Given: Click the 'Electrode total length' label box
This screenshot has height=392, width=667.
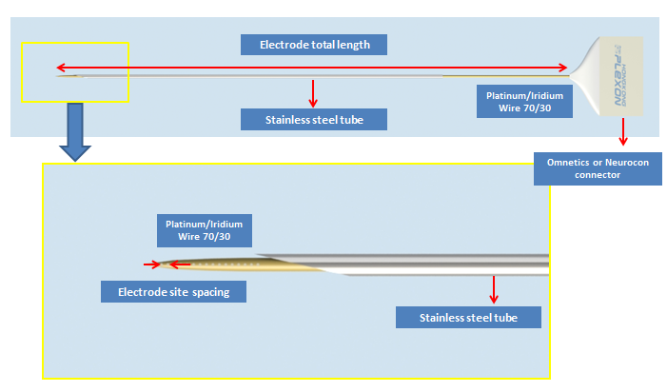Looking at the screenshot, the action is pos(314,45).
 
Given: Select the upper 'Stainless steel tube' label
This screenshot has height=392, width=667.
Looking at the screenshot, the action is pos(314,120).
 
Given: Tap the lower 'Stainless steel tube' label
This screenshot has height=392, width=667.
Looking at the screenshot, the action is pos(468,317).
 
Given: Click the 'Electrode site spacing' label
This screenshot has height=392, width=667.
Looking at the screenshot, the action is pos(173,292).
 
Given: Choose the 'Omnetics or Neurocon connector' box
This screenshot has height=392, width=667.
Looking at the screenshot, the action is pos(598,168).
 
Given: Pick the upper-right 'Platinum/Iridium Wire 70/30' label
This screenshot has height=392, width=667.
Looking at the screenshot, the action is pos(524,102).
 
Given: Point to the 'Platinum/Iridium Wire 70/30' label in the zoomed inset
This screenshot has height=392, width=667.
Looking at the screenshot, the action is pos(205,230).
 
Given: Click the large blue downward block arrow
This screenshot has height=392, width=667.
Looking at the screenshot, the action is pos(75,132).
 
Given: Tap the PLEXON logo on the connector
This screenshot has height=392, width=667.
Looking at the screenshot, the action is pos(619,75).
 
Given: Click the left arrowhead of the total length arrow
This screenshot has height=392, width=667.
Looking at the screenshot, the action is pos(61,68).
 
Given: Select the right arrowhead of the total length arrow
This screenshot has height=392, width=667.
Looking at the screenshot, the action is pos(562,68).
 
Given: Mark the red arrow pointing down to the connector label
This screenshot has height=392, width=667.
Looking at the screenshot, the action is pos(623,132).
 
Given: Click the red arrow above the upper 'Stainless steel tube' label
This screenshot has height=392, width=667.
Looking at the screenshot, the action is pos(313,93).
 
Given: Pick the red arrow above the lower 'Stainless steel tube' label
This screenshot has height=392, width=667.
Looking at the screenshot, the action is pos(494,289).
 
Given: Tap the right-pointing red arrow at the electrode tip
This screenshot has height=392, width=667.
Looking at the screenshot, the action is pos(152,265).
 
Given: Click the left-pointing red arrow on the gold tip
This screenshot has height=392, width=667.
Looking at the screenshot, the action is pos(180,265).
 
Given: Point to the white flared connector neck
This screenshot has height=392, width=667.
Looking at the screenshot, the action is pos(585,76).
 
